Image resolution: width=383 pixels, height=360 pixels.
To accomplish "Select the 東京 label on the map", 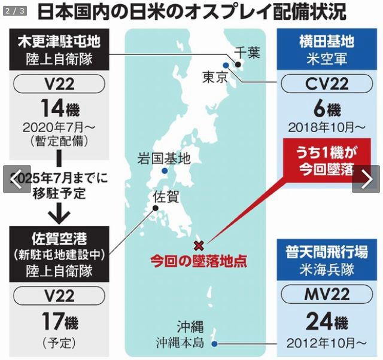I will coord(215,77).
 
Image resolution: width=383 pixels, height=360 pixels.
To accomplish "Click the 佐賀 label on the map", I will coord(165,196).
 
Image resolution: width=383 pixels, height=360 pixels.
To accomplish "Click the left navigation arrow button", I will coord(17,179).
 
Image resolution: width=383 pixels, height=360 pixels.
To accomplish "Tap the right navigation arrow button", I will coord(366,179).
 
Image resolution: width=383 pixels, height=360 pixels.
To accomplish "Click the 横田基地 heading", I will coord(326,42).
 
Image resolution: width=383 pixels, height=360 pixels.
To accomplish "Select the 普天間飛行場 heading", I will coord(326,251).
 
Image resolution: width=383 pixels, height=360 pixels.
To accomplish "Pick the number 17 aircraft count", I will coord(51,322).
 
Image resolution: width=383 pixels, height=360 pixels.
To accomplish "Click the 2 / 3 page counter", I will coord(15,10).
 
